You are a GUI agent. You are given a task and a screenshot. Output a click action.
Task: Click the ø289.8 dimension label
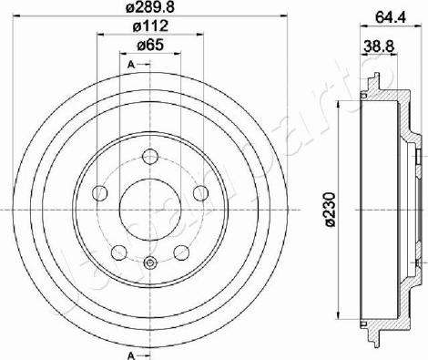pos(150,6)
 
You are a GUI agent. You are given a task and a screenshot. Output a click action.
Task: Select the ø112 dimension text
pos(150,26)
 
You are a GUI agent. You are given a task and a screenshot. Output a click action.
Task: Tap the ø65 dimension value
pos(150,46)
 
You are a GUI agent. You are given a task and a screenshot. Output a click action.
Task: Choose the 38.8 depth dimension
pos(379,46)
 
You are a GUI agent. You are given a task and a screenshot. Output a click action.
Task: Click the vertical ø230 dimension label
pos(330,210)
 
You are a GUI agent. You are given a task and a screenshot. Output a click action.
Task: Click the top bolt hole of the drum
pos(150,157)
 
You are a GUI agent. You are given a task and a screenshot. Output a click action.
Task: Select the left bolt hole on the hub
pos(100,193)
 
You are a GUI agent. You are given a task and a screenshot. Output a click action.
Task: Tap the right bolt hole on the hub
pos(201,193)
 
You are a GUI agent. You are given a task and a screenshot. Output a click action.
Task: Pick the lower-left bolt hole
pos(119,252)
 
